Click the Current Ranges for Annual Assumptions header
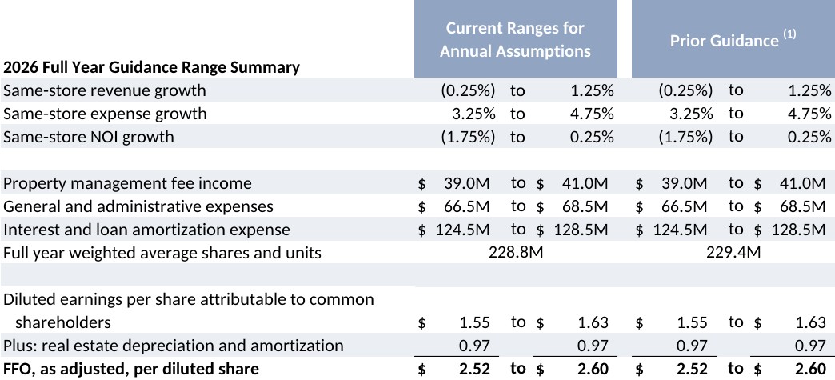click(x=516, y=39)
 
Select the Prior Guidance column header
click(x=725, y=41)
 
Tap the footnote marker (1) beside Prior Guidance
click(x=789, y=34)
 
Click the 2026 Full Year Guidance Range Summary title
click(x=151, y=68)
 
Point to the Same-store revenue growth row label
click(x=104, y=90)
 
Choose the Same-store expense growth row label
click(x=105, y=114)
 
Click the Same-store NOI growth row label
click(x=89, y=137)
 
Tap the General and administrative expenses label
click(x=138, y=206)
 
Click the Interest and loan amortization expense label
click(x=147, y=230)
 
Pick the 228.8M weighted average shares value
click(x=516, y=253)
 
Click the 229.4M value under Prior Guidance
click(x=733, y=253)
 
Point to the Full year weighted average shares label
click(x=162, y=253)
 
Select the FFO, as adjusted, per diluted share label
click(x=131, y=369)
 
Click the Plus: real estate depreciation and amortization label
click(x=174, y=346)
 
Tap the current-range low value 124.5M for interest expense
click(x=463, y=230)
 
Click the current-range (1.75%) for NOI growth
click(x=468, y=137)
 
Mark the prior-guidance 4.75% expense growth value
click(x=810, y=114)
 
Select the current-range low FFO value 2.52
click(x=474, y=369)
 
